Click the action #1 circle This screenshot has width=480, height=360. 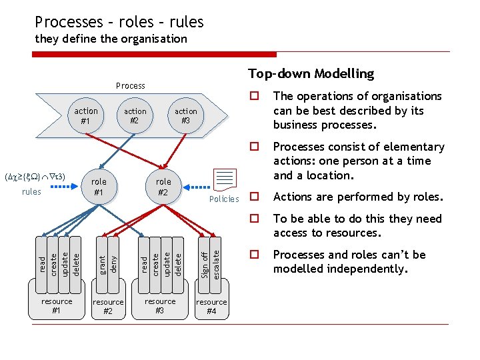(86, 116)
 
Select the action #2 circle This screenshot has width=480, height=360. (135, 116)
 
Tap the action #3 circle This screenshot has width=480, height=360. (185, 116)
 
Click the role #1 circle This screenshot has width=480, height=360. (99, 187)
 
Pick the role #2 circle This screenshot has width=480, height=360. (163, 187)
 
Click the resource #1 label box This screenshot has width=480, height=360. (57, 306)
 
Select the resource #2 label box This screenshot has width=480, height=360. (108, 307)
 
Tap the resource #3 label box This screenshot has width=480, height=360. (160, 306)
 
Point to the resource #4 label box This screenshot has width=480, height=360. (211, 307)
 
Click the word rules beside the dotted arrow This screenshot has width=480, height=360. (31, 192)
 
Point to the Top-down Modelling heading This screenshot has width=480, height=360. (311, 73)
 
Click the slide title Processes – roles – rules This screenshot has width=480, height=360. (119, 22)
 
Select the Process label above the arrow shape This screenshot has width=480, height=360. (130, 85)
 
